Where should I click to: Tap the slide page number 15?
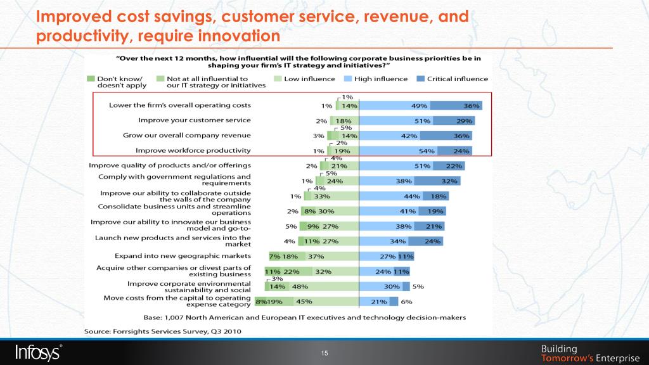324,354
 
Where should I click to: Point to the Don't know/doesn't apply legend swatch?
91,79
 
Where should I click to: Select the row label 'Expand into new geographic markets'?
183,256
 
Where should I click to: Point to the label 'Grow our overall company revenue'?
187,135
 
